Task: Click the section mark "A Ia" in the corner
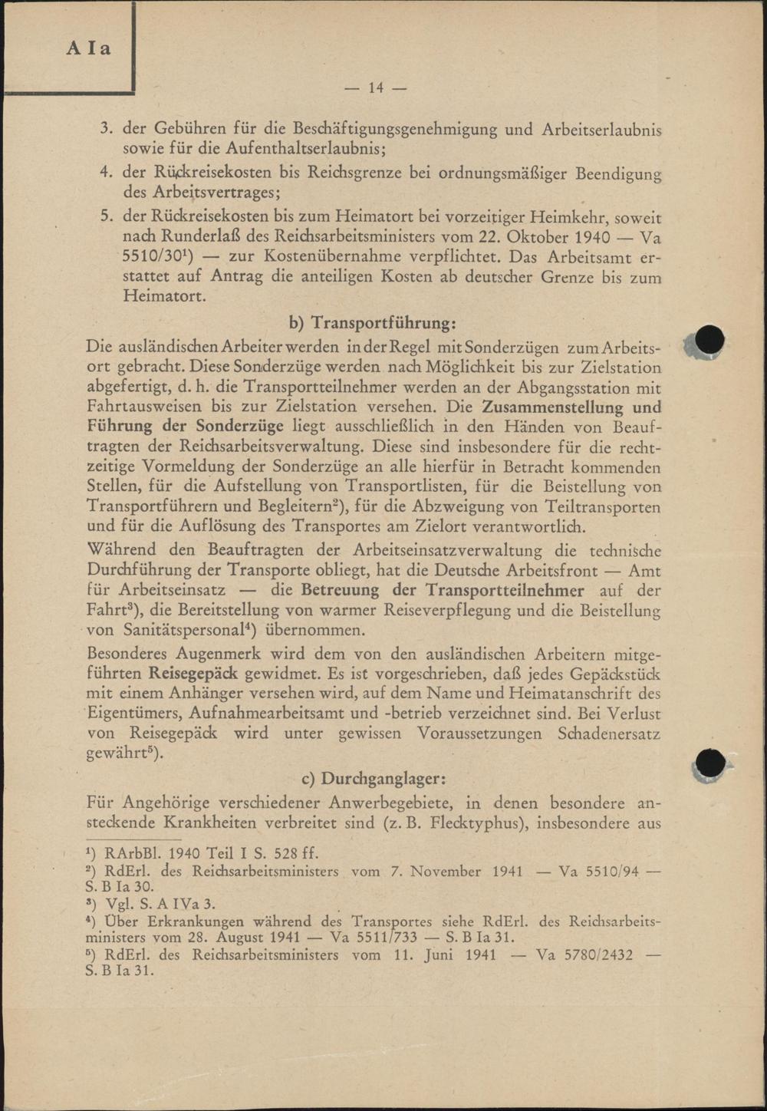point(88,48)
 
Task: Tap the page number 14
point(376,88)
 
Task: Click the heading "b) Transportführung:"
point(371,322)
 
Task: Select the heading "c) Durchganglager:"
point(373,778)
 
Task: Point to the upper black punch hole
point(709,340)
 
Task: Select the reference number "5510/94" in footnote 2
point(606,872)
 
